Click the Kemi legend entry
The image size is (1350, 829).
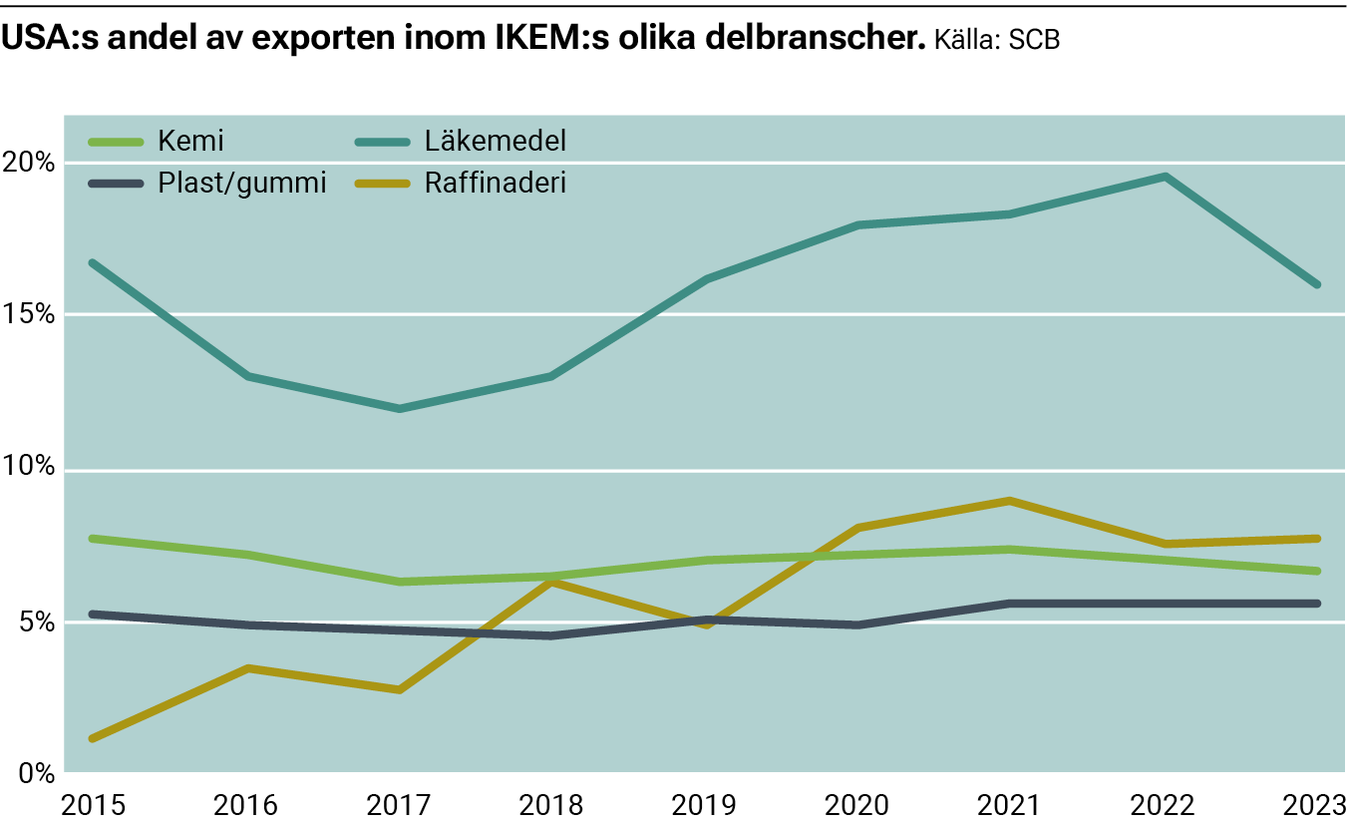coord(190,141)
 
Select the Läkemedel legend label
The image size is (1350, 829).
coord(495,141)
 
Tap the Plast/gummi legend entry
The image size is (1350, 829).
coord(242,184)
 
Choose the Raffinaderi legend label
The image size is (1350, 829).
coord(495,184)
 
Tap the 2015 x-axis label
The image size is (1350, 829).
coord(92,804)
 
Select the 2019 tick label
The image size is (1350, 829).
coord(705,804)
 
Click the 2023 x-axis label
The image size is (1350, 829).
coord(1316,804)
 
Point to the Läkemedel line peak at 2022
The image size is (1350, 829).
coord(1165,177)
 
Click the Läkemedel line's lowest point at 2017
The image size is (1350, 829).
coord(399,409)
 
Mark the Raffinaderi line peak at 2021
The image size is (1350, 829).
coord(1011,501)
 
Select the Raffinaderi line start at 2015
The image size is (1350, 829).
coord(92,738)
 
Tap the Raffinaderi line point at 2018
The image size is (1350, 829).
coord(551,583)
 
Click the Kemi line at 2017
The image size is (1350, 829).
coord(399,582)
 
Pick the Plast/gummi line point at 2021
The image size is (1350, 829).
coord(1011,604)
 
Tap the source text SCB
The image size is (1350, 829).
coord(1033,41)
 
